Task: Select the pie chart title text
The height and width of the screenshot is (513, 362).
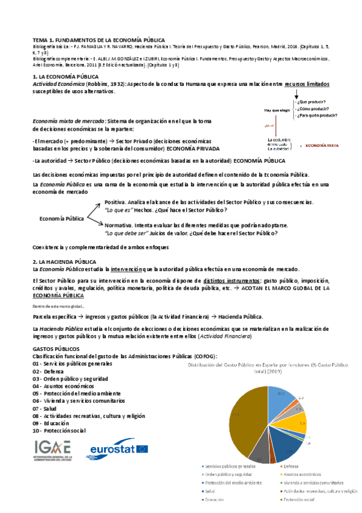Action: click(269, 368)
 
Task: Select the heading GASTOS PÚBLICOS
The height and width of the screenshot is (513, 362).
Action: click(56, 349)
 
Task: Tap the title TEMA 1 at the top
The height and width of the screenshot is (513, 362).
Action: click(98, 39)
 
